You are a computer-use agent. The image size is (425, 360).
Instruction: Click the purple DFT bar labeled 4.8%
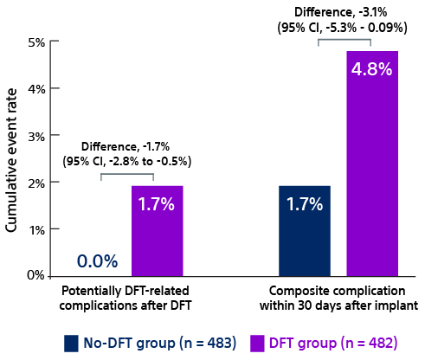371,164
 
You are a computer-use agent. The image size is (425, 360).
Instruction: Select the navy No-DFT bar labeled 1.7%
305,231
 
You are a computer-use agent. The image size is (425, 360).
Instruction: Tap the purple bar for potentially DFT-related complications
158,231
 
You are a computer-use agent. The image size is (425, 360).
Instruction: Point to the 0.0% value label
97,261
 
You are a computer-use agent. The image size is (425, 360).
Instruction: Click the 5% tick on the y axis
35,42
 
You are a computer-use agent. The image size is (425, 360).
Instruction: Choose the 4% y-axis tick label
35,88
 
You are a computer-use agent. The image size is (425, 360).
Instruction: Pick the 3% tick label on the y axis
35,136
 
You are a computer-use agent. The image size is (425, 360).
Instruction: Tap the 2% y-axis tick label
35,183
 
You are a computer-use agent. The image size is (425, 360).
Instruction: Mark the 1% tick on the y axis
35,229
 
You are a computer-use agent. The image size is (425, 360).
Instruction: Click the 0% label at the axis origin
35,275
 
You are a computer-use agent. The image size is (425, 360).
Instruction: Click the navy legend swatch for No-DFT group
72,344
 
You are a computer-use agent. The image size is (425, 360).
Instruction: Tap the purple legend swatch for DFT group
257,344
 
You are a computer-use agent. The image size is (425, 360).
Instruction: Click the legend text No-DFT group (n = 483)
160,344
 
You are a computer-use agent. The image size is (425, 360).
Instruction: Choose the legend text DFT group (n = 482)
332,344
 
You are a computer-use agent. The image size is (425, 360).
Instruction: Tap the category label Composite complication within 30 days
338,298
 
